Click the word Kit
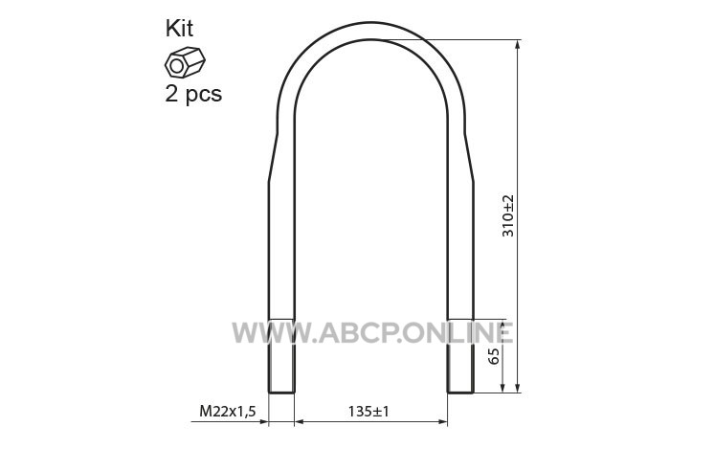(x=179, y=28)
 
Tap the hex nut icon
(x=185, y=62)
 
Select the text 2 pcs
(x=193, y=94)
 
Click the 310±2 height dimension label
(x=507, y=215)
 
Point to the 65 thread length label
(x=493, y=356)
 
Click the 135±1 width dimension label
(x=368, y=412)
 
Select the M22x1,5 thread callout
(x=228, y=412)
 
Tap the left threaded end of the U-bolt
(x=281, y=355)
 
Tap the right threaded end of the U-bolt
(x=460, y=355)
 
